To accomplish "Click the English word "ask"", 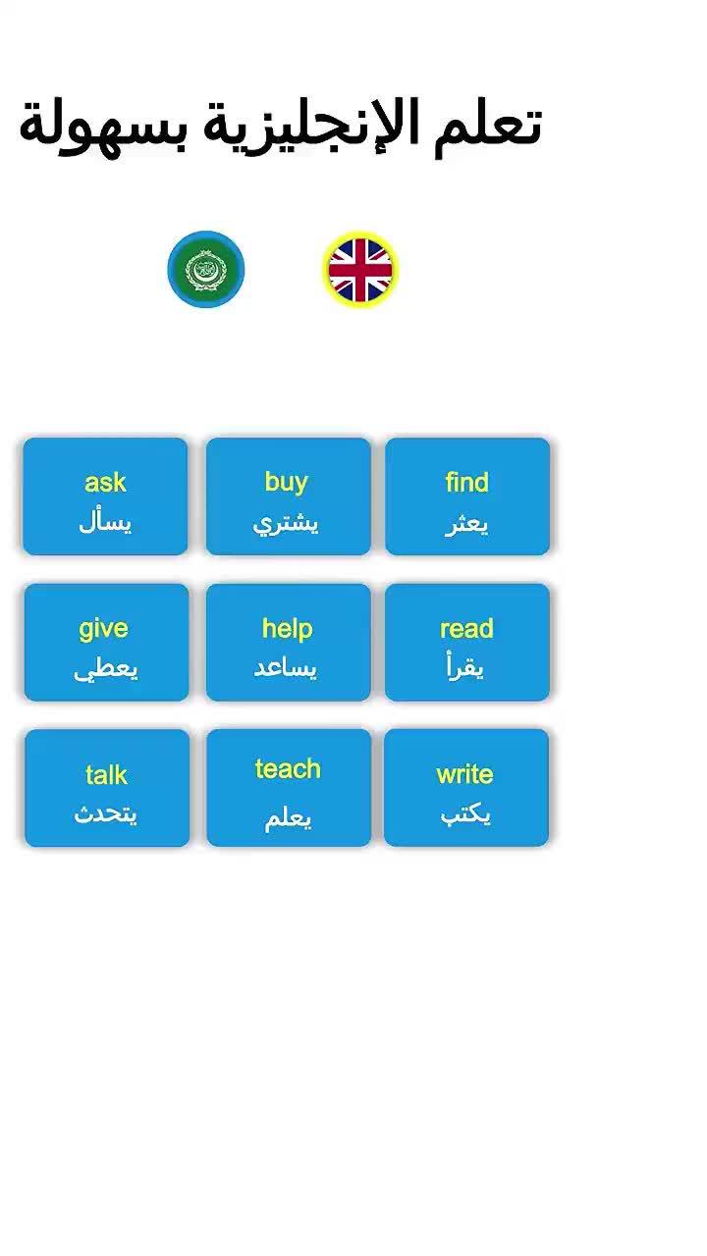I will click(105, 482).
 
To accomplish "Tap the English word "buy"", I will click(287, 482).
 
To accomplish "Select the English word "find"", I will click(466, 482).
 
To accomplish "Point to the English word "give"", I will click(104, 628).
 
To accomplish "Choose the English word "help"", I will click(287, 628).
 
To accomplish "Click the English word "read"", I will click(466, 628).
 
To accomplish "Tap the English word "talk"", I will click(106, 775).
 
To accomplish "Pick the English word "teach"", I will click(288, 768).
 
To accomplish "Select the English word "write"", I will click(464, 774).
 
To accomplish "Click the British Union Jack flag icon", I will click(360, 269).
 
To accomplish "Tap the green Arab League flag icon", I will click(206, 269).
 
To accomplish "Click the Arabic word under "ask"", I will click(105, 522).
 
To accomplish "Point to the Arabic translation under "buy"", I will click(286, 523).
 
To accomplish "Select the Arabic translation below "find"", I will click(466, 523).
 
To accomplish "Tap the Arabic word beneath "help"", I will click(286, 668).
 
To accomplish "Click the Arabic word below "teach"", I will click(288, 817).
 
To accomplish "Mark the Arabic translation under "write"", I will click(465, 814).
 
